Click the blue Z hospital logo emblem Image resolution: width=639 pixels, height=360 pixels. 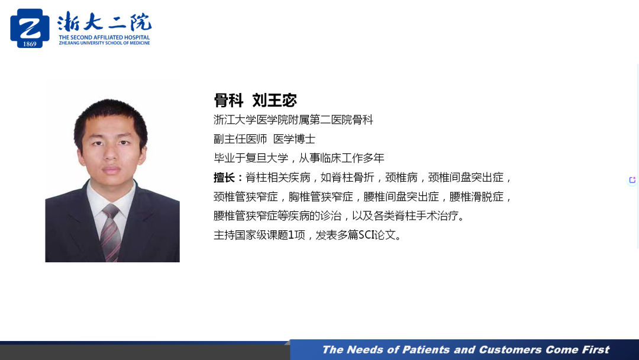pyautogui.click(x=30, y=28)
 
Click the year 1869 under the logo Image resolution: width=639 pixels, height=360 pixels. pyautogui.click(x=30, y=44)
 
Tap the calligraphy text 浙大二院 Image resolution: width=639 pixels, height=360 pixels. pyautogui.click(x=104, y=22)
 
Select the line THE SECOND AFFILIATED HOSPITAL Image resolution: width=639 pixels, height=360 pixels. pyautogui.click(x=104, y=37)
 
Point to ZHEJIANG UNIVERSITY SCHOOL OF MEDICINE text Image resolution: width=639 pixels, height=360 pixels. pyautogui.click(x=104, y=43)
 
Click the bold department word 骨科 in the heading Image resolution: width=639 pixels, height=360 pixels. pyautogui.click(x=228, y=100)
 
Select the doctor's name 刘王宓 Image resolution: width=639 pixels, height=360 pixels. pyautogui.click(x=275, y=100)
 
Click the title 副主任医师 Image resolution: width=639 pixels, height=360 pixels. pyautogui.click(x=240, y=139)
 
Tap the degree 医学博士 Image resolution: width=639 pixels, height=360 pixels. pyautogui.click(x=294, y=139)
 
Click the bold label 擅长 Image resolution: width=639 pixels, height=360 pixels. pyautogui.click(x=225, y=178)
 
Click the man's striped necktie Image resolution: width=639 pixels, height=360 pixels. pyautogui.click(x=111, y=233)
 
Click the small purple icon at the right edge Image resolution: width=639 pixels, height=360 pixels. pyautogui.click(x=632, y=180)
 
